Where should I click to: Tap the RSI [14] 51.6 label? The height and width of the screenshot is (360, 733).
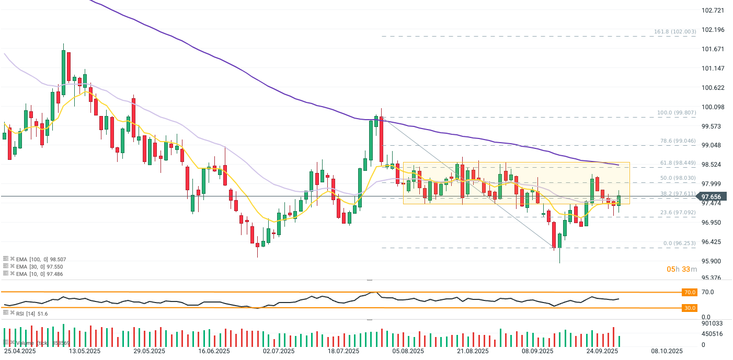point(29,313)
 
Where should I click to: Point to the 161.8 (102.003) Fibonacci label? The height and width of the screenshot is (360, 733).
point(674,32)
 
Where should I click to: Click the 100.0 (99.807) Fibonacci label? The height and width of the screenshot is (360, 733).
point(676,113)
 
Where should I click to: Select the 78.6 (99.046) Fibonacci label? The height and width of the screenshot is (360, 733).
point(677,141)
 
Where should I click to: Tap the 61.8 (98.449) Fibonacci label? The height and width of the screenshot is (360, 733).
point(677,163)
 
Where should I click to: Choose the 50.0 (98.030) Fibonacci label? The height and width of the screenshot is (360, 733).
point(677,178)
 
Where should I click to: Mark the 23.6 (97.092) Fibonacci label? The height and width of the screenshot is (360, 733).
point(677,213)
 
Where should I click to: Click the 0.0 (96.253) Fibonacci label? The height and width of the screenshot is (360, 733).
point(678,243)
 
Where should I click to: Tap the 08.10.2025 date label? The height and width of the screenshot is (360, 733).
point(666,351)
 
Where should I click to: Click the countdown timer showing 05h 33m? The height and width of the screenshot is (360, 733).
point(682,269)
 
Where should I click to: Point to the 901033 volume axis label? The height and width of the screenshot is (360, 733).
point(712,324)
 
